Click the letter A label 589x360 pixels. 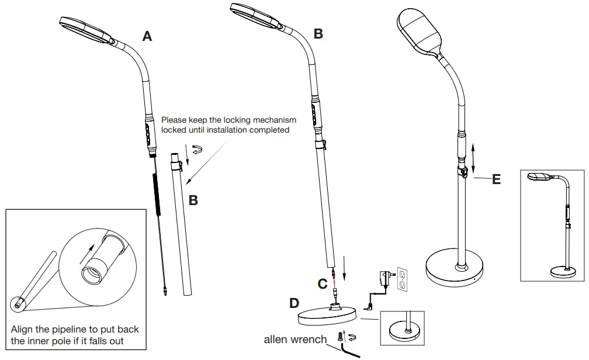[x=147, y=36]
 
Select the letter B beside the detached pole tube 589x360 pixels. [x=193, y=200]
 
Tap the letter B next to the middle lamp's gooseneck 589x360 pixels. [x=318, y=34]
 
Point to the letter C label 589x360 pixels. [x=322, y=284]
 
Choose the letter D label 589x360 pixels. [x=294, y=303]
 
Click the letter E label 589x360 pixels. [x=496, y=179]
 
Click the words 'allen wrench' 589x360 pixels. [x=295, y=339]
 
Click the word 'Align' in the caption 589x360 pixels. [x=23, y=330]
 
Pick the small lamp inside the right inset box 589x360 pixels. [x=552, y=225]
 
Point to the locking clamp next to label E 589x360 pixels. [x=463, y=171]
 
